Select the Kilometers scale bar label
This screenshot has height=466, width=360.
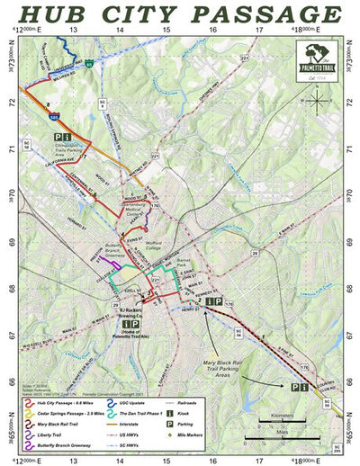pyautogui.click(x=278, y=417)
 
